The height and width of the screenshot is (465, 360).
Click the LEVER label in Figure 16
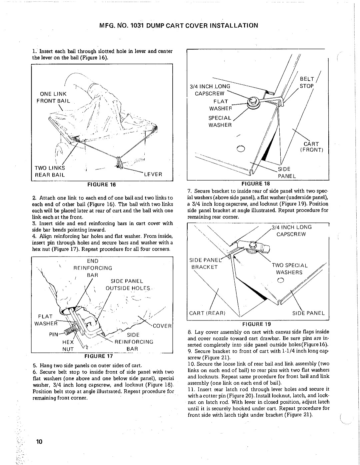click(152, 174)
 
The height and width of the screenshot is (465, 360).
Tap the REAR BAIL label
click(52, 174)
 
